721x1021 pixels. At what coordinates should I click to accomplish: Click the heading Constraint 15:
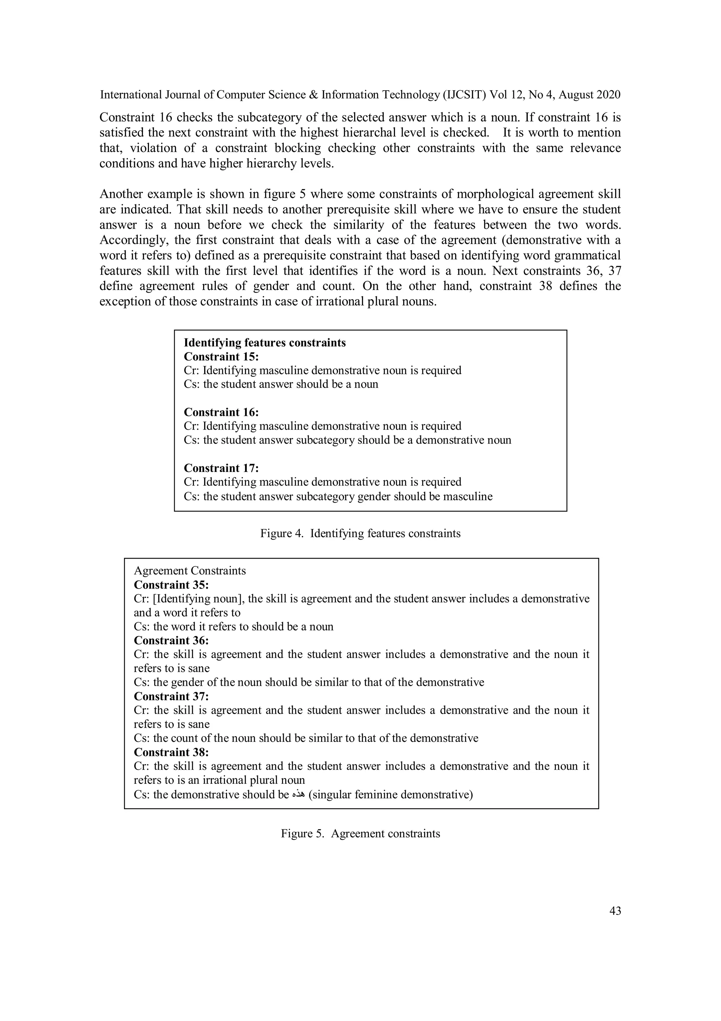(x=221, y=357)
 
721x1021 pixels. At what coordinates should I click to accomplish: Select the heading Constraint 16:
(x=221, y=412)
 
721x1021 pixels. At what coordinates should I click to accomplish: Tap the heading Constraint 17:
(x=221, y=468)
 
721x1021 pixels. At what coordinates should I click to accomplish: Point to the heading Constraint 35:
(x=171, y=585)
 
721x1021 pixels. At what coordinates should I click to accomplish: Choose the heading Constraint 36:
(x=171, y=640)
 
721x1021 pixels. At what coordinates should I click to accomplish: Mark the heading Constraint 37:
(x=171, y=696)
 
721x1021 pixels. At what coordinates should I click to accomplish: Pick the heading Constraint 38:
(x=171, y=752)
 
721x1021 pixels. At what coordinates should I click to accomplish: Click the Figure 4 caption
(x=360, y=534)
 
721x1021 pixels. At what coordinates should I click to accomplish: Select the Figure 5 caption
(x=360, y=834)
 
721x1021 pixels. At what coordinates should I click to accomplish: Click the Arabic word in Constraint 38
(x=299, y=795)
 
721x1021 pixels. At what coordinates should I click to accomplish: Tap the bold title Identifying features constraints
(x=264, y=343)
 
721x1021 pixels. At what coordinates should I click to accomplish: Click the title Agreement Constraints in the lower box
(x=190, y=571)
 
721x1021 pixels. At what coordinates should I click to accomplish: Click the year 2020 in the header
(x=608, y=95)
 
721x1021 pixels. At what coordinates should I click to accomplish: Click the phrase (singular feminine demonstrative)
(x=390, y=795)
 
